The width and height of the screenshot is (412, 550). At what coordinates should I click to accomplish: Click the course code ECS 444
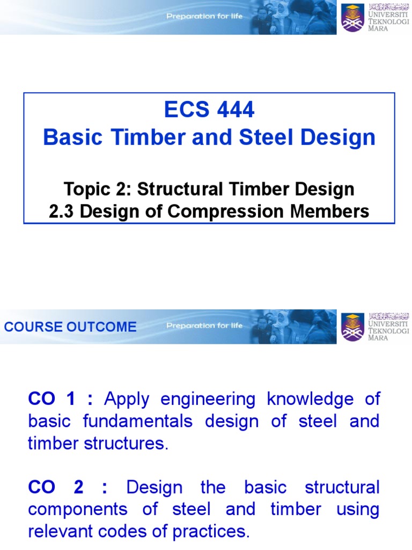point(209,110)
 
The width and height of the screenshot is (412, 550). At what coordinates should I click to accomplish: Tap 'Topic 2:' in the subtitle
point(98,189)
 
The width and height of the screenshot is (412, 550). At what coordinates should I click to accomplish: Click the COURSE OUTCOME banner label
point(70,327)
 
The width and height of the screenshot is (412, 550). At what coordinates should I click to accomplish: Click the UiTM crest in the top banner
point(352,17)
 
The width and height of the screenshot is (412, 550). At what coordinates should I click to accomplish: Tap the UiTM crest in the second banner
point(352,327)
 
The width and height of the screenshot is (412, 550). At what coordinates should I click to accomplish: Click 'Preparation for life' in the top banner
point(204,16)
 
